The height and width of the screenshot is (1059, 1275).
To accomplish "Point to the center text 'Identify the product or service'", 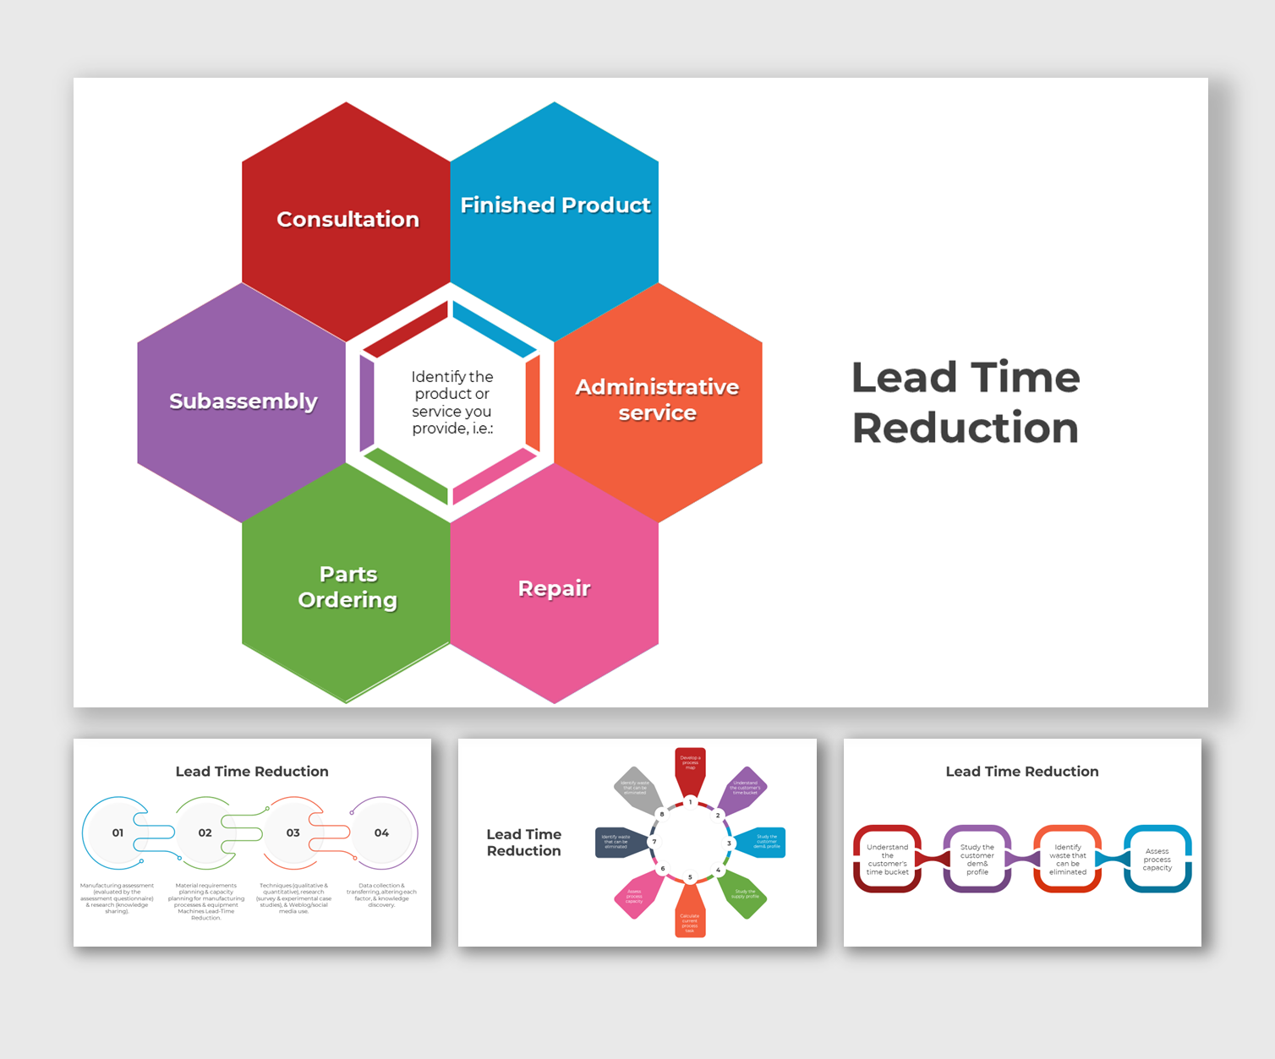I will pos(451,402).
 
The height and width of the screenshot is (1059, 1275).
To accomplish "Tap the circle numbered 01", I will pos(118,832).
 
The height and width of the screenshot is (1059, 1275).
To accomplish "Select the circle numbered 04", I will pos(381,832).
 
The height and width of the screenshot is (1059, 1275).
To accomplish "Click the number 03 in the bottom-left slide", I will pos(293,832).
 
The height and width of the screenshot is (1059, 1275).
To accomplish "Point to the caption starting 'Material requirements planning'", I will pos(205,901).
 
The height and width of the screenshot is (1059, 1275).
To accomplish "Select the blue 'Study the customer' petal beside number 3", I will pos(764,843).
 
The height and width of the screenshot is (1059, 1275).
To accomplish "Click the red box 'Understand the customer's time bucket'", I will pos(887,859).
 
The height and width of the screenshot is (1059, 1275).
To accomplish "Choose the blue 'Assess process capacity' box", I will pos(1157,859).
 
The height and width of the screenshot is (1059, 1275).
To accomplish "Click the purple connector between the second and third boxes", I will pos(1022,859).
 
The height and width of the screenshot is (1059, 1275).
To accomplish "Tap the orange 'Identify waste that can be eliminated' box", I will pos(1067,859).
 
